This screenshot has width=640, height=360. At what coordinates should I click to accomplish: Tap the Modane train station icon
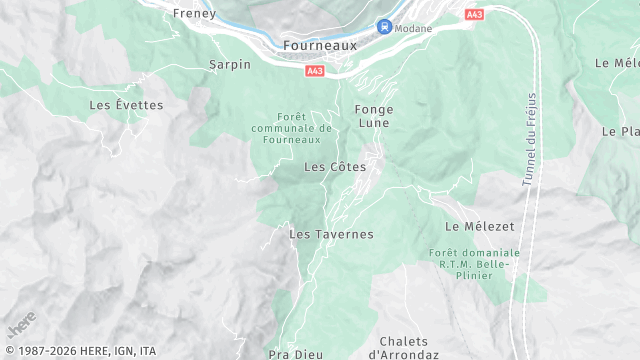383,27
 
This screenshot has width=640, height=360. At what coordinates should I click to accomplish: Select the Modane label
413,28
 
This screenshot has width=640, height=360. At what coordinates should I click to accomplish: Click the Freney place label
195,13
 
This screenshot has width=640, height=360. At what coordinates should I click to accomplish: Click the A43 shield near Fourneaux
315,71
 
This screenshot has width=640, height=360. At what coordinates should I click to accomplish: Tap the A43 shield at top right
475,14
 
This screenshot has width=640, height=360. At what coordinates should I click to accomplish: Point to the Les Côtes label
334,166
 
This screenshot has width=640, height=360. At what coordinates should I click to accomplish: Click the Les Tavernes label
331,234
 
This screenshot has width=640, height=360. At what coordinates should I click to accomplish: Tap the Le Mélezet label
474,227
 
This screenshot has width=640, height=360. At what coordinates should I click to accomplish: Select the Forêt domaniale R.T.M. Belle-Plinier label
474,264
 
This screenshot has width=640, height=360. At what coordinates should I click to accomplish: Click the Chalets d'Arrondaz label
403,347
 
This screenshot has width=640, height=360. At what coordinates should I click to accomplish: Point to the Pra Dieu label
293,354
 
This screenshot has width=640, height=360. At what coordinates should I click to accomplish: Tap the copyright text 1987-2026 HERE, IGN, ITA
80,351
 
